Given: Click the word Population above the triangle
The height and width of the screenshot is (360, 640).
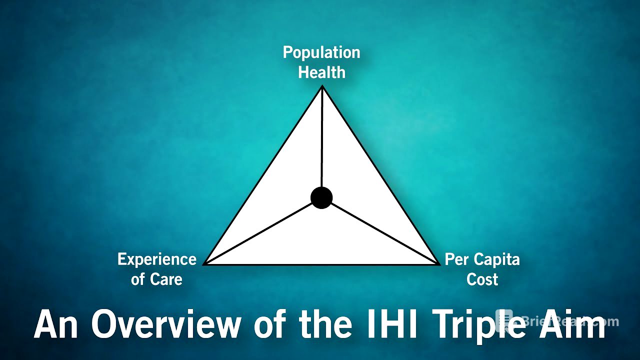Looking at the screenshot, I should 321,52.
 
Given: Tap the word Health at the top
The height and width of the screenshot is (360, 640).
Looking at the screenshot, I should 321,72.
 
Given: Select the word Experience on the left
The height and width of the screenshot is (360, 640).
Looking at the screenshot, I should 156,259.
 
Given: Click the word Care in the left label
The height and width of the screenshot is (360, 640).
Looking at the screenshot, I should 167,279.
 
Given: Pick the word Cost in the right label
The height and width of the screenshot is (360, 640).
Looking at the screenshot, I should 482,279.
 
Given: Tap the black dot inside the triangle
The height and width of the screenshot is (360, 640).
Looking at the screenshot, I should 321,197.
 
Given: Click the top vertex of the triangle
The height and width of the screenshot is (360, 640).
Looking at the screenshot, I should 322,87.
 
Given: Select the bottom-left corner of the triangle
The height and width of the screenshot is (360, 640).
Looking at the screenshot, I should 205,263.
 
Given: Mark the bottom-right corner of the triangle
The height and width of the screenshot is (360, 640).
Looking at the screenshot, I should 438,263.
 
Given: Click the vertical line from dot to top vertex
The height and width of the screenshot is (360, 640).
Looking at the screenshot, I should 322,140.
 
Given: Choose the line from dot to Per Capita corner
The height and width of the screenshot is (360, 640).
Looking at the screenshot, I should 382,231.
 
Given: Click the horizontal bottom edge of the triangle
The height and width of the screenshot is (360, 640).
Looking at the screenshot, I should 321,264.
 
